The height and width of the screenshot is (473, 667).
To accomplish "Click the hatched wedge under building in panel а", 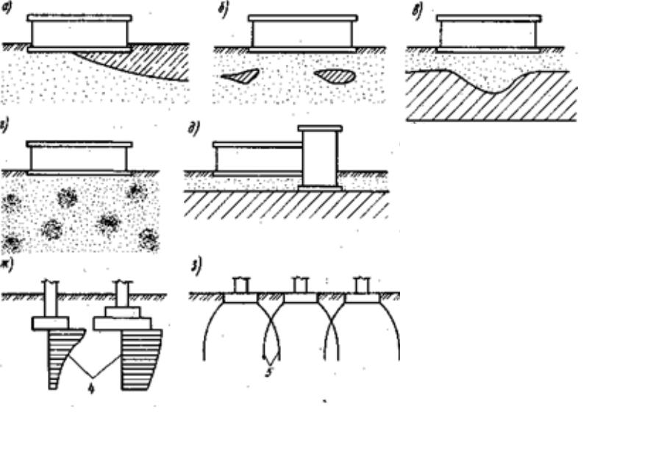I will (x=147, y=65).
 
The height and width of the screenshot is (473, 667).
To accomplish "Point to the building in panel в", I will (x=488, y=33).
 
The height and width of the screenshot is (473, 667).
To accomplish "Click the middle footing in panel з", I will (x=300, y=298).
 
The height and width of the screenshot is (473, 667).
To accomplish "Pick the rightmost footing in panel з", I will (x=362, y=298).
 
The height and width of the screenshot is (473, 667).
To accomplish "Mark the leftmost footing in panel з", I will (x=240, y=298).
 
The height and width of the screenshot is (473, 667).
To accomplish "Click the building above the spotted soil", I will (x=79, y=157).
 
